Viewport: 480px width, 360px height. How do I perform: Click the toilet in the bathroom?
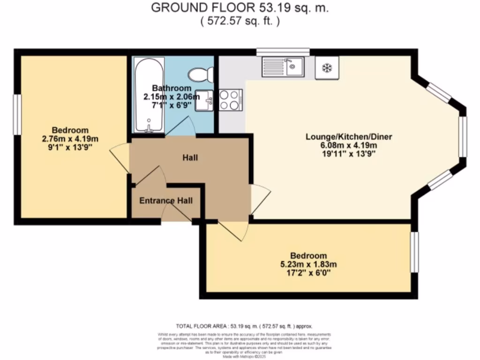[201, 74]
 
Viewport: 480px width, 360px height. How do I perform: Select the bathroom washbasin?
[204, 100]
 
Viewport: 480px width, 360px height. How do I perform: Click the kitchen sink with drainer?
[283, 67]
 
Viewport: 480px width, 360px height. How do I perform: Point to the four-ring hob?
[229, 100]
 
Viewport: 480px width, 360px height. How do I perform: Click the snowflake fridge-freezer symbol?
[326, 67]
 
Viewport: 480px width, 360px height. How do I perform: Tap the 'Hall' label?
[190, 157]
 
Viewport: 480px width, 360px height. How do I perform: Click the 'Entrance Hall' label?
[166, 201]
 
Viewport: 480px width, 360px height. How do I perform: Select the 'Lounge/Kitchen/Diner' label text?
[348, 137]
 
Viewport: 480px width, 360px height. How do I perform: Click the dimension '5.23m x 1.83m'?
[308, 264]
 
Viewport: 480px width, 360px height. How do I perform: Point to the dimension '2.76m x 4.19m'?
[70, 139]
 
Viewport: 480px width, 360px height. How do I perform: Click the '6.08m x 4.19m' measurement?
[348, 145]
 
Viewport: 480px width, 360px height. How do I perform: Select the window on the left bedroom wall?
[16, 115]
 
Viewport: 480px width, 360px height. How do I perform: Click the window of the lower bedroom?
[414, 252]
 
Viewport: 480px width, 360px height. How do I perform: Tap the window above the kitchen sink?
[283, 52]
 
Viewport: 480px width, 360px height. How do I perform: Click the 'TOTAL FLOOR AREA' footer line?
[244, 326]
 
